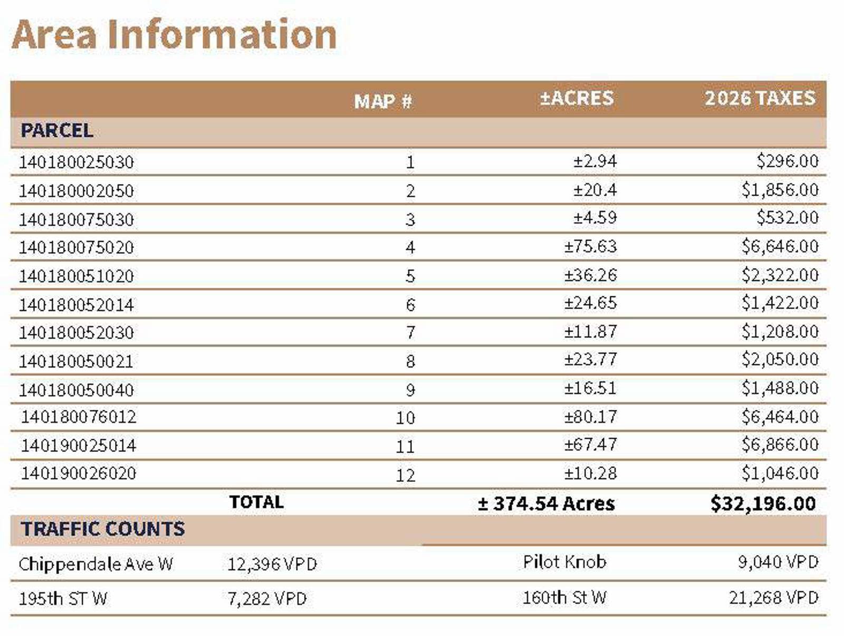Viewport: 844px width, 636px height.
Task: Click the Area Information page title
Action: (x=174, y=35)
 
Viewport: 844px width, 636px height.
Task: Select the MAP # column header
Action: (x=383, y=101)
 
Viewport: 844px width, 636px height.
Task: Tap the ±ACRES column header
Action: (x=577, y=98)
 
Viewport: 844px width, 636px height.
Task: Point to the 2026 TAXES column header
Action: (x=760, y=98)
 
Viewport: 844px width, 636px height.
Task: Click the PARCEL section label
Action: (x=57, y=131)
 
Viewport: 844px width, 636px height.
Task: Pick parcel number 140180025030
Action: (x=76, y=162)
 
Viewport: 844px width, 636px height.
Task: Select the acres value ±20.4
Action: (x=595, y=190)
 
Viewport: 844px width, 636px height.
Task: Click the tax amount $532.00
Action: (x=788, y=217)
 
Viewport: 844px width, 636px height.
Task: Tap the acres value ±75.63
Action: (x=591, y=246)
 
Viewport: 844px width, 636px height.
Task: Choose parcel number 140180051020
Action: (x=76, y=276)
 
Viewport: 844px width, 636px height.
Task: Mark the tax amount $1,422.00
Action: (x=780, y=303)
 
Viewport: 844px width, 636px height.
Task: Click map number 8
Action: (x=410, y=361)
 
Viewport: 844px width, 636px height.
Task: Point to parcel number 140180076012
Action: (x=79, y=417)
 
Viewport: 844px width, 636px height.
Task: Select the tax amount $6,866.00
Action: (x=780, y=445)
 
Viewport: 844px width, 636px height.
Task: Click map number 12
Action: (x=405, y=476)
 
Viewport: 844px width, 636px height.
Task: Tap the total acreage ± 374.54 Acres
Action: (x=546, y=504)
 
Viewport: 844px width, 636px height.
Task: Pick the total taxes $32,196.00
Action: (x=763, y=504)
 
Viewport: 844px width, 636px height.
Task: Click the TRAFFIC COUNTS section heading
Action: (x=103, y=529)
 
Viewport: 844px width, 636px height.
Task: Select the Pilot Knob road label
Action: (x=564, y=562)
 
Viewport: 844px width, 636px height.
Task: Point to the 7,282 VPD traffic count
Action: (x=267, y=599)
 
